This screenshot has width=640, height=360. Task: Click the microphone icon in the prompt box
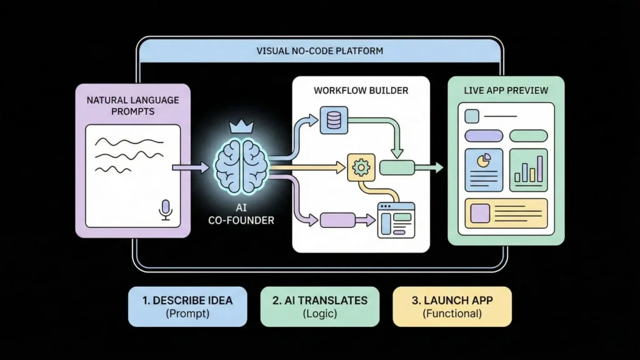(166, 210)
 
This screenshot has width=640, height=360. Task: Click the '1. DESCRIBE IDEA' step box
(187, 306)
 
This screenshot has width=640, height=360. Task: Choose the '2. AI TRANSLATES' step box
(319, 306)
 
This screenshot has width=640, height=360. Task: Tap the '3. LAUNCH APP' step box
(452, 306)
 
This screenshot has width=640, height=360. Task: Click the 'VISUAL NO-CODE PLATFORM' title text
(319, 51)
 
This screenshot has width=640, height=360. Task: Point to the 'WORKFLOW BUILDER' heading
(361, 91)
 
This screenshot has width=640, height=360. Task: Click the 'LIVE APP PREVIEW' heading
(506, 91)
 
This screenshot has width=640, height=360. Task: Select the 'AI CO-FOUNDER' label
(241, 214)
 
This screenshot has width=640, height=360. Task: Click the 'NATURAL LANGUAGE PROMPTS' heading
(132, 106)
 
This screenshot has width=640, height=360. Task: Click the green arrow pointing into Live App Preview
(431, 167)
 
